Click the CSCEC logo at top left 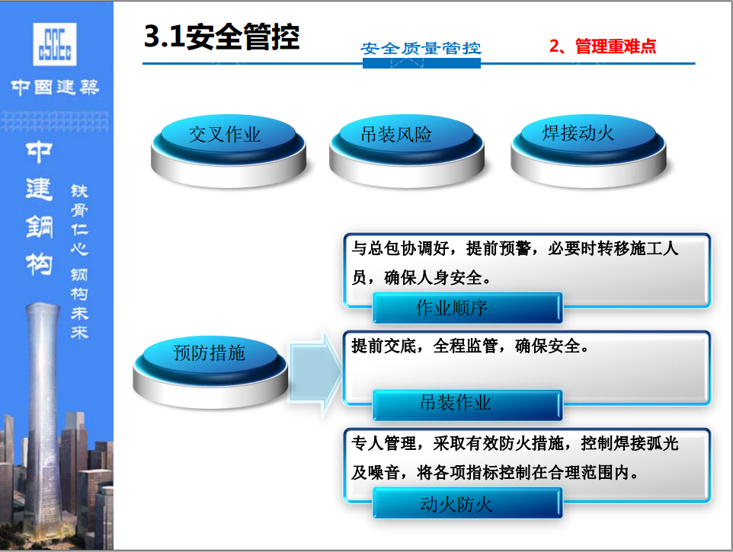pyautogui.click(x=55, y=44)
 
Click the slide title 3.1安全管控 pyautogui.click(x=222, y=37)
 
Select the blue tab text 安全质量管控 pyautogui.click(x=421, y=48)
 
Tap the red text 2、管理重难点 pyautogui.click(x=603, y=46)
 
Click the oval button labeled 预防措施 pyautogui.click(x=210, y=372)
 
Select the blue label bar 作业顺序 pyautogui.click(x=468, y=308)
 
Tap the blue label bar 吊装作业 pyautogui.click(x=468, y=404)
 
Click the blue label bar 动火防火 pyautogui.click(x=468, y=503)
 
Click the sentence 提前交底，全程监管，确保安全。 pyautogui.click(x=470, y=346)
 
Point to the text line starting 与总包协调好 pyautogui.click(x=514, y=248)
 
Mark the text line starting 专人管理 pyautogui.click(x=514, y=443)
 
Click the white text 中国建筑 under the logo pyautogui.click(x=55, y=87)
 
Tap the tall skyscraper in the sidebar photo pyautogui.click(x=43, y=420)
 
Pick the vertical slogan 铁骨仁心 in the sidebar pyautogui.click(x=79, y=220)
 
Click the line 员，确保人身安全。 pyautogui.click(x=421, y=277)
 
